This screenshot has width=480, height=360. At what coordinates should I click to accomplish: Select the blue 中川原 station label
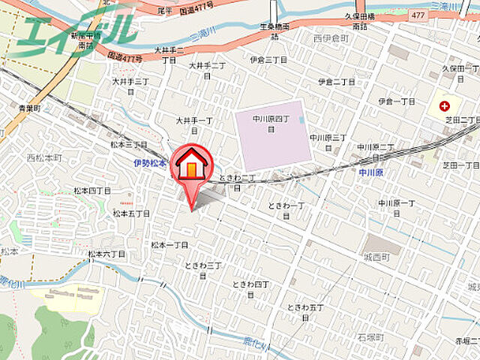pos(370,172)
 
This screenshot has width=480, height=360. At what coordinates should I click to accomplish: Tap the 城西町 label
pos(375,256)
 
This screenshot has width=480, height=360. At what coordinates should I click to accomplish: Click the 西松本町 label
pos(42,157)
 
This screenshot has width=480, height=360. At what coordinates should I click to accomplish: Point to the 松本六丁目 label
pos(106,254)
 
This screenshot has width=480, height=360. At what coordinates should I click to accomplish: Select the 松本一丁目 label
pos(169,244)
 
